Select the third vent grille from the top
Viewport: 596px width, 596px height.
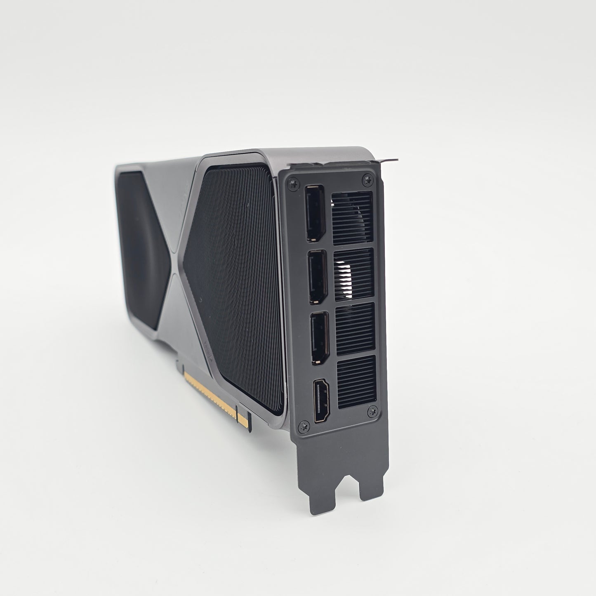355,329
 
